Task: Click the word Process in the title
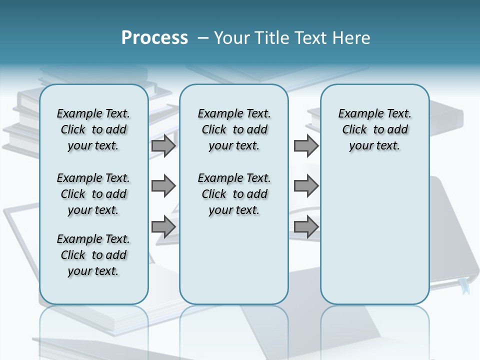154,37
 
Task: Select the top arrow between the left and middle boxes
163,146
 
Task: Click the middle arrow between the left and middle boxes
163,186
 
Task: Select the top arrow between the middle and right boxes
306,146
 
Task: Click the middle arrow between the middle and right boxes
306,186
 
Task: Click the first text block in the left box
93,129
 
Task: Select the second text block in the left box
93,194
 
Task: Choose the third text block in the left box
93,255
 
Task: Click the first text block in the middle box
234,129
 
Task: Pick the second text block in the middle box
234,194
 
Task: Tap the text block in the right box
374,129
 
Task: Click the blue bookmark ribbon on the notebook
464,286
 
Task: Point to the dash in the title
203,38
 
